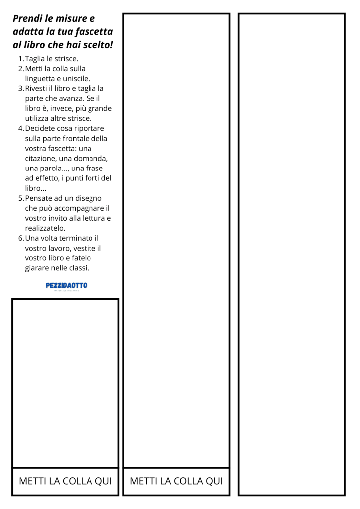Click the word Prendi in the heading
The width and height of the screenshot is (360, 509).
pos(28,19)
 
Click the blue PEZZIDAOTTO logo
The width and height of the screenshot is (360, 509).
pos(66,286)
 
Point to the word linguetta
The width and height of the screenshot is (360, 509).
pos(41,79)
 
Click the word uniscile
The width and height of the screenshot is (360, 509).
pos(76,79)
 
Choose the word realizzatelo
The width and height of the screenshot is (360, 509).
pos(45,228)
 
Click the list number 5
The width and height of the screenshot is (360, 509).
pos(21,198)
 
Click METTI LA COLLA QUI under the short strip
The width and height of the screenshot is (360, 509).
pos(65,481)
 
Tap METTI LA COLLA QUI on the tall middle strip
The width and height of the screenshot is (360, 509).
pos(176,481)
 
